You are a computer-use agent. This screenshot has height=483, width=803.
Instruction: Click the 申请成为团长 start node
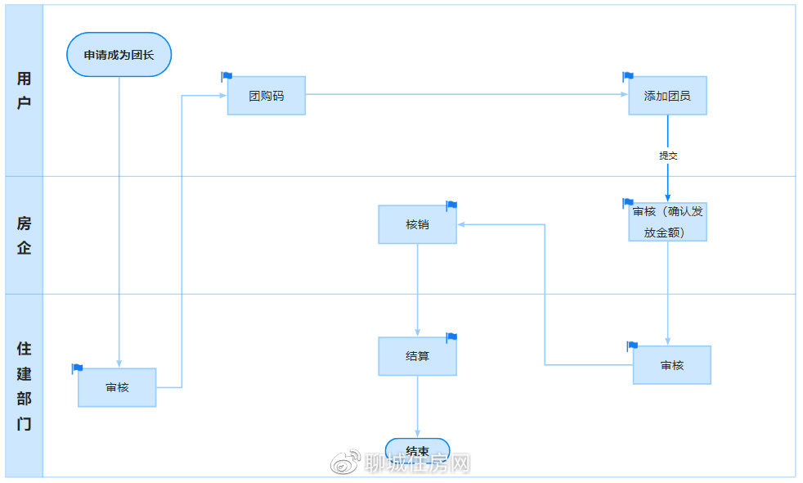tap(119, 55)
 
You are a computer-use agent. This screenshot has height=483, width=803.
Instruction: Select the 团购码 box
tap(266, 96)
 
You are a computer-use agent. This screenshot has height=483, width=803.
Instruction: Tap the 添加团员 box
tap(667, 96)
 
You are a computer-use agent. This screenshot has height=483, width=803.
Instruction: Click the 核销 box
tap(417, 224)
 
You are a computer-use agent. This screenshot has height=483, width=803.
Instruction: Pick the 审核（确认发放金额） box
tap(667, 222)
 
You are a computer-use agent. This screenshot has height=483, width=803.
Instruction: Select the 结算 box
tap(417, 357)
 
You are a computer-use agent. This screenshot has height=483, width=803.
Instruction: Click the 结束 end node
tap(418, 450)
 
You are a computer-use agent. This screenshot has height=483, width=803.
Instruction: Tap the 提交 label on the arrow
tap(668, 156)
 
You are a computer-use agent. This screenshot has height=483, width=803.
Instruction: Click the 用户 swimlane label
tap(25, 91)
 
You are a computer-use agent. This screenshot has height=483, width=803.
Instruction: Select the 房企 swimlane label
tap(25, 235)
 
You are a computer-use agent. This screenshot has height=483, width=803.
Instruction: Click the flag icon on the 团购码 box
tap(227, 77)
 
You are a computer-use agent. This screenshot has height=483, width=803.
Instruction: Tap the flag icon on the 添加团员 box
tap(628, 77)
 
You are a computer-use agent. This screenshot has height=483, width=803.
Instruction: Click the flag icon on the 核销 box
tap(451, 205)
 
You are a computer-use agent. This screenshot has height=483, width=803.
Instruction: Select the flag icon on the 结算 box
tap(451, 337)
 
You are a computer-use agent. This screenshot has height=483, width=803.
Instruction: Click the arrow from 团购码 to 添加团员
tap(466, 95)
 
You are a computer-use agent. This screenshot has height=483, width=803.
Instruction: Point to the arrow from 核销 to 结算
tap(418, 291)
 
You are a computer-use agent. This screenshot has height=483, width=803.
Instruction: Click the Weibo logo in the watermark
tap(345, 463)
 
